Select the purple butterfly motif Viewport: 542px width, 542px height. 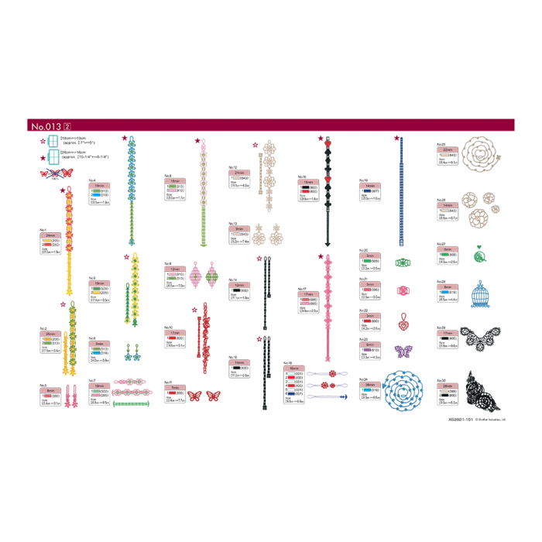pyautogui.click(x=402, y=351)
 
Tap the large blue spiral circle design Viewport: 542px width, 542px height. pyautogui.click(x=410, y=386)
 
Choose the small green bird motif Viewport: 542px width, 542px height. pyautogui.click(x=480, y=252)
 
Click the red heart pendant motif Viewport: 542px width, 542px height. pyautogui.click(x=403, y=320)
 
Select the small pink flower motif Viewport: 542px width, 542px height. pyautogui.click(x=402, y=290)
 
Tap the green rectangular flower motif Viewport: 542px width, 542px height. pyautogui.click(x=402, y=262)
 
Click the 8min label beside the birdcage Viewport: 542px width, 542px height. pyautogui.click(x=448, y=287)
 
